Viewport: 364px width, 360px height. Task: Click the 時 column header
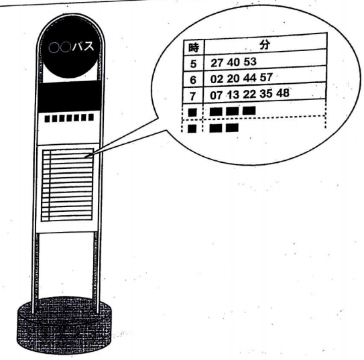pyautogui.click(x=193, y=48)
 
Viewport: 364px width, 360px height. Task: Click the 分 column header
pyautogui.click(x=265, y=44)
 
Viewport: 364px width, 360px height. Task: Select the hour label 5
pyautogui.click(x=193, y=64)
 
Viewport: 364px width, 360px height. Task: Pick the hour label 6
pyautogui.click(x=193, y=80)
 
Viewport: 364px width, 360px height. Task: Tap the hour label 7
pyautogui.click(x=192, y=97)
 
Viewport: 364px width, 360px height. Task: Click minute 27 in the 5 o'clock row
pyautogui.click(x=217, y=63)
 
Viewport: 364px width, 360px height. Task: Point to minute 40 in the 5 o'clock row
pyautogui.click(x=233, y=62)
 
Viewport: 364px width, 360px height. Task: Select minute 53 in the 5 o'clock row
pyautogui.click(x=250, y=62)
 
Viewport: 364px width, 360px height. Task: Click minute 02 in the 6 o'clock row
pyautogui.click(x=217, y=79)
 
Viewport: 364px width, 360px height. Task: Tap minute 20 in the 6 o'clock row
pyautogui.click(x=233, y=78)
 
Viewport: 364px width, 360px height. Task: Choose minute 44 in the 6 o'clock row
pyautogui.click(x=250, y=78)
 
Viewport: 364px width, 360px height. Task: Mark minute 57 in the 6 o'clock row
pyautogui.click(x=266, y=77)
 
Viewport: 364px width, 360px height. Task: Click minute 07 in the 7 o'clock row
pyautogui.click(x=216, y=95)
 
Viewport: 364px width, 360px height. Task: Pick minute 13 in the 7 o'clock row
pyautogui.click(x=233, y=95)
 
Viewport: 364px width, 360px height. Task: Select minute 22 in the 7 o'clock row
pyautogui.click(x=249, y=94)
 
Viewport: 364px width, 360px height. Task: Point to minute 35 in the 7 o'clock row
pyautogui.click(x=266, y=94)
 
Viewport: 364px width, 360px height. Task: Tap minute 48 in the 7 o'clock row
pyautogui.click(x=283, y=93)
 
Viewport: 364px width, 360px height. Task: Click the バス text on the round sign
pyautogui.click(x=83, y=46)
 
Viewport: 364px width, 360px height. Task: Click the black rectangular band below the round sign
pyautogui.click(x=69, y=97)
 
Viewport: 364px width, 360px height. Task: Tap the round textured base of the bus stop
pyautogui.click(x=64, y=325)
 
